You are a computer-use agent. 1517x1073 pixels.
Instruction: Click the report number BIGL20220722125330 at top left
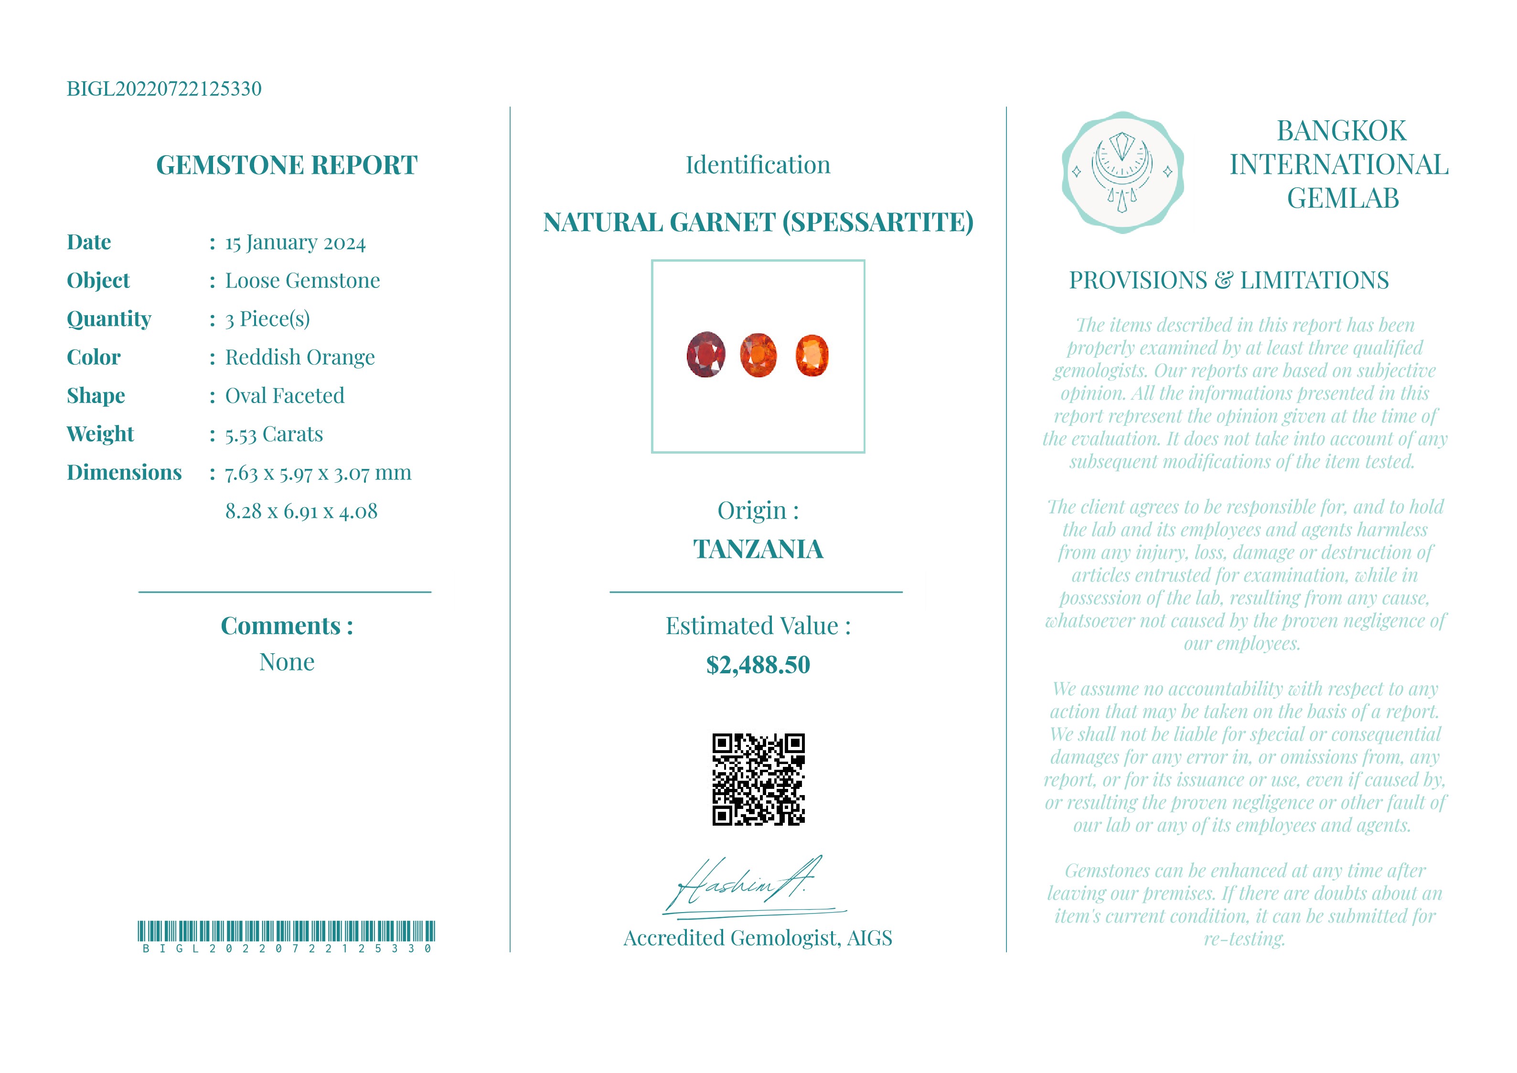tap(164, 88)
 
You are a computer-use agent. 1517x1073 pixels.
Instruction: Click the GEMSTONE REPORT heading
tap(286, 165)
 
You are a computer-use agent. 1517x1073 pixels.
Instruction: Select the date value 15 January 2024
tap(295, 243)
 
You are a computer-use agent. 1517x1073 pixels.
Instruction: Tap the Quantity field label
tap(109, 319)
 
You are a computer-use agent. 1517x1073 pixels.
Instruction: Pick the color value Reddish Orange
tap(299, 358)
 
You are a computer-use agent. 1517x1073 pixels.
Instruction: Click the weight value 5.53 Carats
tap(274, 434)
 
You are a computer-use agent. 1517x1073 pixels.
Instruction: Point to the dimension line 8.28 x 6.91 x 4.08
tap(301, 511)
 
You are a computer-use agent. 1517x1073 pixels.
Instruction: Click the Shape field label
tap(96, 396)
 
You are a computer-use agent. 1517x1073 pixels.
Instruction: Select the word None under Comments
tap(286, 661)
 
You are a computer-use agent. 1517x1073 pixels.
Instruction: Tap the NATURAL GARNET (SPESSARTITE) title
tap(758, 222)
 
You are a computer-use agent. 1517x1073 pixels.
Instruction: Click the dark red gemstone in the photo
tap(705, 354)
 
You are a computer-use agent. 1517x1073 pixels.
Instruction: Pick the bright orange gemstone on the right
tap(812, 355)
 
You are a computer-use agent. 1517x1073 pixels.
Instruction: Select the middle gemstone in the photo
tap(758, 355)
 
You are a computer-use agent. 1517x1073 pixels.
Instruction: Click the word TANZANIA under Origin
tap(758, 549)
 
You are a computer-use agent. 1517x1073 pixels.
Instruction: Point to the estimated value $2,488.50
tap(758, 665)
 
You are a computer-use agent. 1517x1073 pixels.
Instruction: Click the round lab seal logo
tap(1122, 172)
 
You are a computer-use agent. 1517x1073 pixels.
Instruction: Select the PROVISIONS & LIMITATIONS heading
tap(1229, 280)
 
